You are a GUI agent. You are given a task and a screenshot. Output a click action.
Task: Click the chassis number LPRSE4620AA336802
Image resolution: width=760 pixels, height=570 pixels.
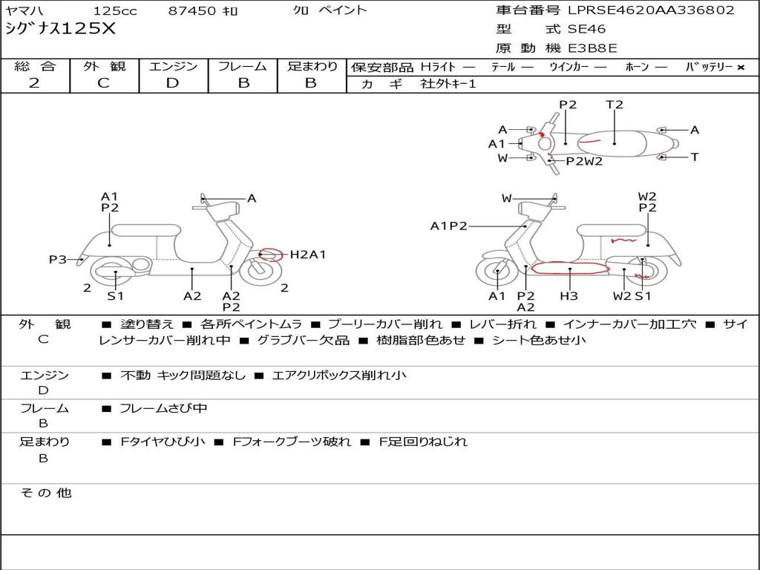click(x=651, y=10)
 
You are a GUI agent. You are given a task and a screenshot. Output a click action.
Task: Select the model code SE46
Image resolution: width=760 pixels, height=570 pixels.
click(x=586, y=30)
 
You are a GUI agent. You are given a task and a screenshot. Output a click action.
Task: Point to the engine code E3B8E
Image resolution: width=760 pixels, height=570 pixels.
click(x=592, y=49)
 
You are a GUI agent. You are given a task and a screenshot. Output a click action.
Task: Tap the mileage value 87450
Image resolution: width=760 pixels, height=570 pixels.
click(x=191, y=10)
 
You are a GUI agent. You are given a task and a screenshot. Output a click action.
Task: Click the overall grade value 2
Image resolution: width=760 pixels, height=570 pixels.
click(x=34, y=83)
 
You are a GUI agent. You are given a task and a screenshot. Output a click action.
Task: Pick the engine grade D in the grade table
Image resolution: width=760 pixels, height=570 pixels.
click(x=172, y=83)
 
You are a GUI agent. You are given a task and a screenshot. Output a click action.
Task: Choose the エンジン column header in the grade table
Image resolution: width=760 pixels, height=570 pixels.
click(x=173, y=67)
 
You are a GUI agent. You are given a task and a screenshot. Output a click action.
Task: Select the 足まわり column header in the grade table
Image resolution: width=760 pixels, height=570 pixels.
click(x=312, y=67)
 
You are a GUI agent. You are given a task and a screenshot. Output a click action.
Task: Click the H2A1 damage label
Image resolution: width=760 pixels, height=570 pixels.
click(x=307, y=255)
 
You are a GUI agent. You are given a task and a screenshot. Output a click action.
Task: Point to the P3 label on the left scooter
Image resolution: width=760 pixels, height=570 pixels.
click(x=58, y=260)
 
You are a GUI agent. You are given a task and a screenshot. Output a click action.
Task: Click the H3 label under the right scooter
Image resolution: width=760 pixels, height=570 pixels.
click(x=569, y=295)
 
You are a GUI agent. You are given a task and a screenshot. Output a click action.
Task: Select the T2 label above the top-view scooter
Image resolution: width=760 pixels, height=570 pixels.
click(x=614, y=105)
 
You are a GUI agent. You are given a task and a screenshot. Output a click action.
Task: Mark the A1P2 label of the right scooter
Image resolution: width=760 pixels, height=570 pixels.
click(x=449, y=226)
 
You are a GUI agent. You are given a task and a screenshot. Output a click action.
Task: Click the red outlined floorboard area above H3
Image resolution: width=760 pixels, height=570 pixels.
click(x=570, y=268)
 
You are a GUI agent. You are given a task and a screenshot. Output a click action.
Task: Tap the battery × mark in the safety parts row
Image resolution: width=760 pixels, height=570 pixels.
click(x=740, y=67)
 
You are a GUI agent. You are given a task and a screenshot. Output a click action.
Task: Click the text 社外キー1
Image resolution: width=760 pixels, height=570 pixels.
click(x=448, y=84)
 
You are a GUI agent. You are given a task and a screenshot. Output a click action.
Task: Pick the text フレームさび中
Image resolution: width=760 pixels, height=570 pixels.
click(x=163, y=408)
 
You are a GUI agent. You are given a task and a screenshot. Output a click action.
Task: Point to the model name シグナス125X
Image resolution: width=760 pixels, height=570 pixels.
click(x=60, y=30)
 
